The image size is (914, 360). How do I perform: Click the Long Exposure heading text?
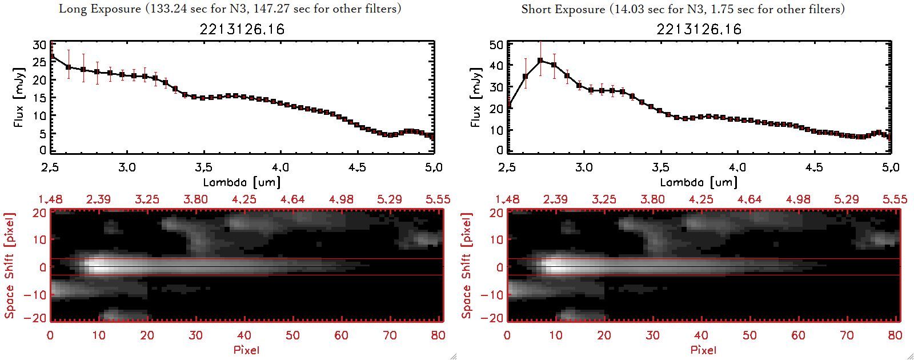pyautogui.click(x=230, y=9)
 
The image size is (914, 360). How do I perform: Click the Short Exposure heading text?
pyautogui.click(x=683, y=9)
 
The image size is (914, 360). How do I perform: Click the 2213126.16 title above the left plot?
pyautogui.click(x=242, y=29)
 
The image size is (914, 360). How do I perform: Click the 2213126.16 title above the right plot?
pyautogui.click(x=699, y=29)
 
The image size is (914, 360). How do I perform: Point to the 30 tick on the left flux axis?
pyautogui.click(x=39, y=45)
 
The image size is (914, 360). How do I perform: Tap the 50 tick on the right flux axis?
pyautogui.click(x=496, y=45)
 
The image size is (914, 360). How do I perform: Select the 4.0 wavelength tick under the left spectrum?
pyautogui.click(x=280, y=167)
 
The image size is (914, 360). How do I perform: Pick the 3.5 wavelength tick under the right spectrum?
pyautogui.click(x=660, y=167)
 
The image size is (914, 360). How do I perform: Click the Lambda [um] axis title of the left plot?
pyautogui.click(x=242, y=182)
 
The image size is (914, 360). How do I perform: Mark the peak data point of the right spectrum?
pyautogui.click(x=540, y=61)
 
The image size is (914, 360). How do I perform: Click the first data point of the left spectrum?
pyautogui.click(x=52, y=57)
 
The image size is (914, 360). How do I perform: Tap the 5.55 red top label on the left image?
pyautogui.click(x=438, y=199)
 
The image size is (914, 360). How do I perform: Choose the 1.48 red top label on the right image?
pyautogui.click(x=507, y=199)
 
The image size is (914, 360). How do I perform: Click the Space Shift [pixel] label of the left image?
pyautogui.click(x=10, y=266)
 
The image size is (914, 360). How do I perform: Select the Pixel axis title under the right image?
pyautogui.click(x=703, y=350)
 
